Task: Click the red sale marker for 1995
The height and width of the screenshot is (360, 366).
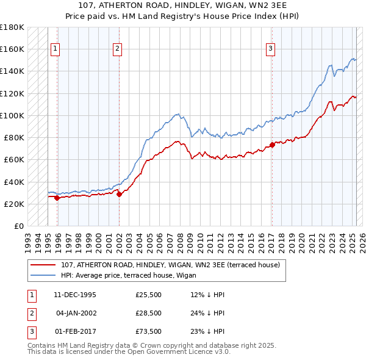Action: [x=57, y=198]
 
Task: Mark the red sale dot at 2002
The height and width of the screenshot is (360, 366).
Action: [x=119, y=194]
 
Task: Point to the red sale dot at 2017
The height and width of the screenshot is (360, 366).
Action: [x=272, y=145]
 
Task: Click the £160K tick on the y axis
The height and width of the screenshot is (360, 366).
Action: [x=13, y=49]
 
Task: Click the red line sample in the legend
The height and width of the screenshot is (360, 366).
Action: [x=43, y=265]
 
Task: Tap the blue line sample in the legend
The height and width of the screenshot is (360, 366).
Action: [x=43, y=275]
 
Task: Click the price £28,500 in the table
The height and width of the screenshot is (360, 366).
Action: [x=148, y=313]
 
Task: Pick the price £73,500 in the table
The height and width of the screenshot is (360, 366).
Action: [x=148, y=331]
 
